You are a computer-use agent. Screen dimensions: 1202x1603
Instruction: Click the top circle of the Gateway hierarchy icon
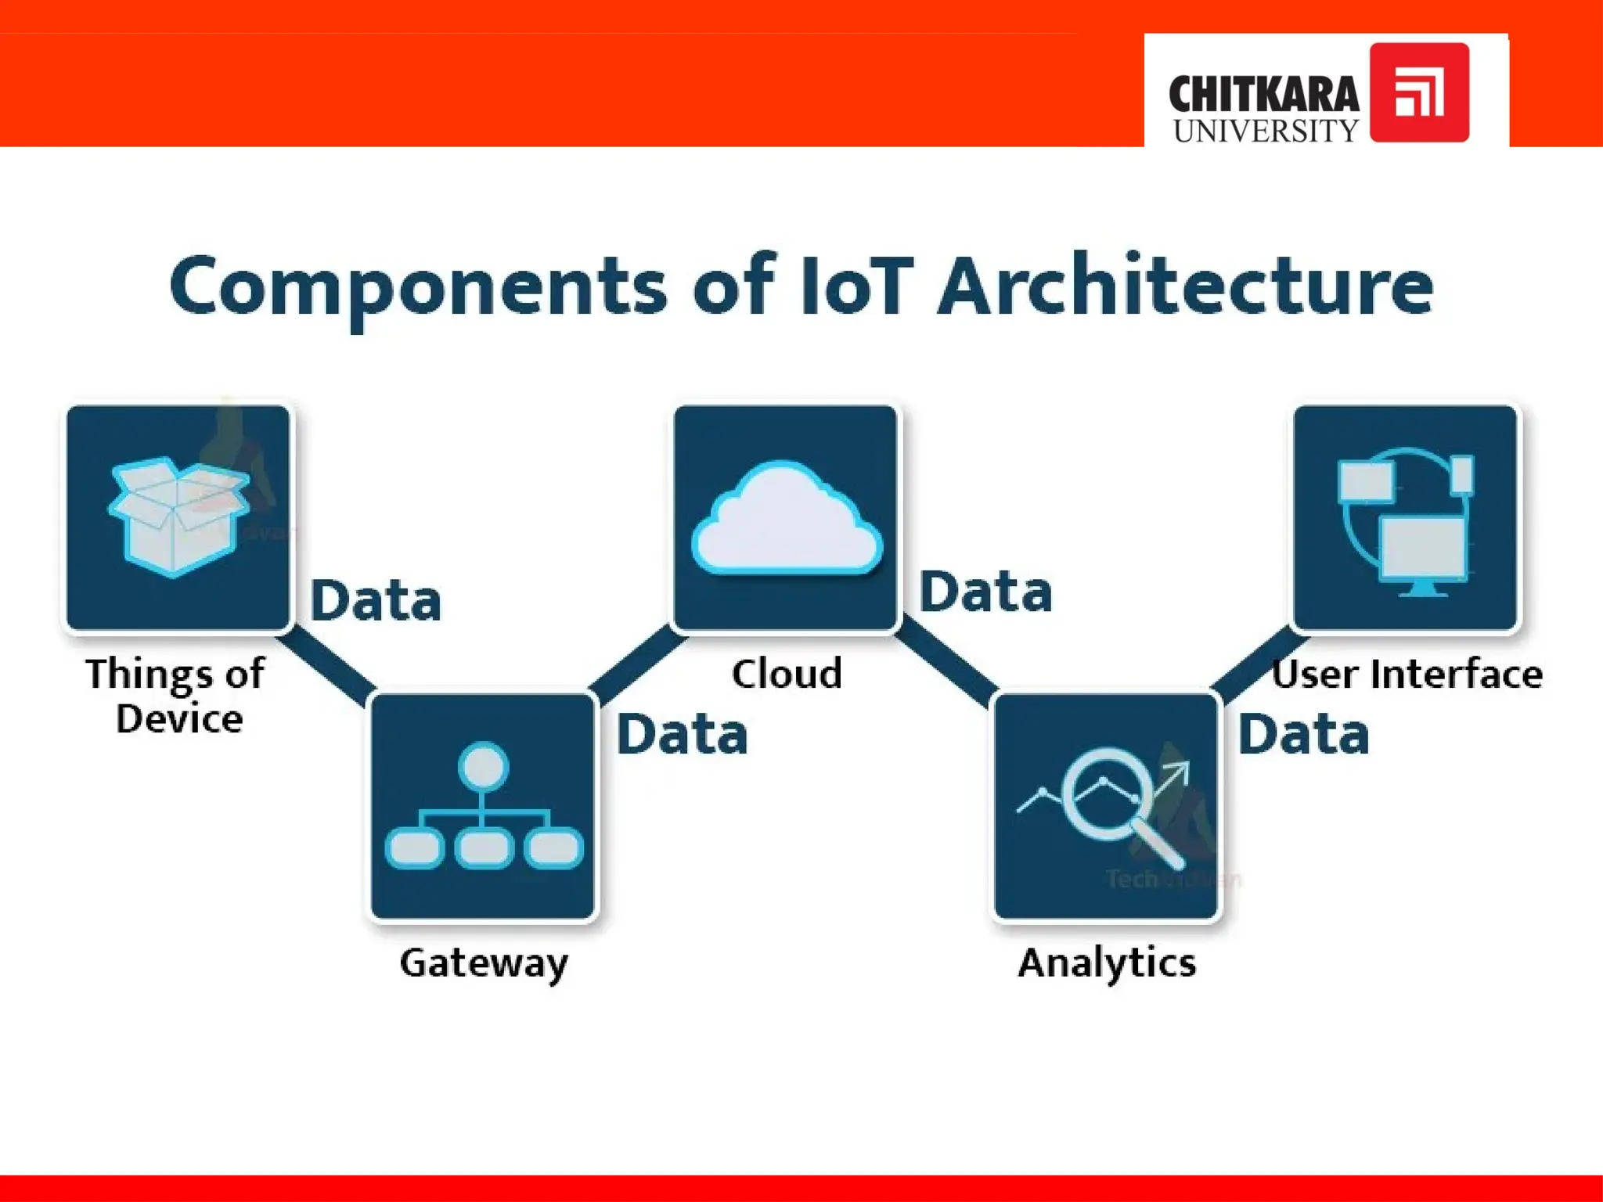coord(483,765)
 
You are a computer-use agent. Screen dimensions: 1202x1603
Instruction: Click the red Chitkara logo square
coord(1418,92)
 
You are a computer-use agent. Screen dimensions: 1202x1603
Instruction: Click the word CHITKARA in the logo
coord(1263,95)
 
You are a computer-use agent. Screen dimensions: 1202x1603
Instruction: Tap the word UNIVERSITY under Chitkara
coord(1265,131)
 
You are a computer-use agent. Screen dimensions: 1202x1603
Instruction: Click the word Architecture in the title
coord(1185,285)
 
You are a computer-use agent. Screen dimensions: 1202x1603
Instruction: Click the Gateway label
coord(484,963)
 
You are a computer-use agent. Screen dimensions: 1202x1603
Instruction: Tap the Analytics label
coord(1107,963)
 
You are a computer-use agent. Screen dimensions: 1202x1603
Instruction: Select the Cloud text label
coord(787,674)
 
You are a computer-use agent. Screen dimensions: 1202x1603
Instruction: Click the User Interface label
coord(1407,674)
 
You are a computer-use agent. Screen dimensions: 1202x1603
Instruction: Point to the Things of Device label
coord(177,696)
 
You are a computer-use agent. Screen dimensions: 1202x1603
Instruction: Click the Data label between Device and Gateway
coord(376,601)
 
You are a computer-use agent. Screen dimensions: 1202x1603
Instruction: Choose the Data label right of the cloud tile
coord(985,592)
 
